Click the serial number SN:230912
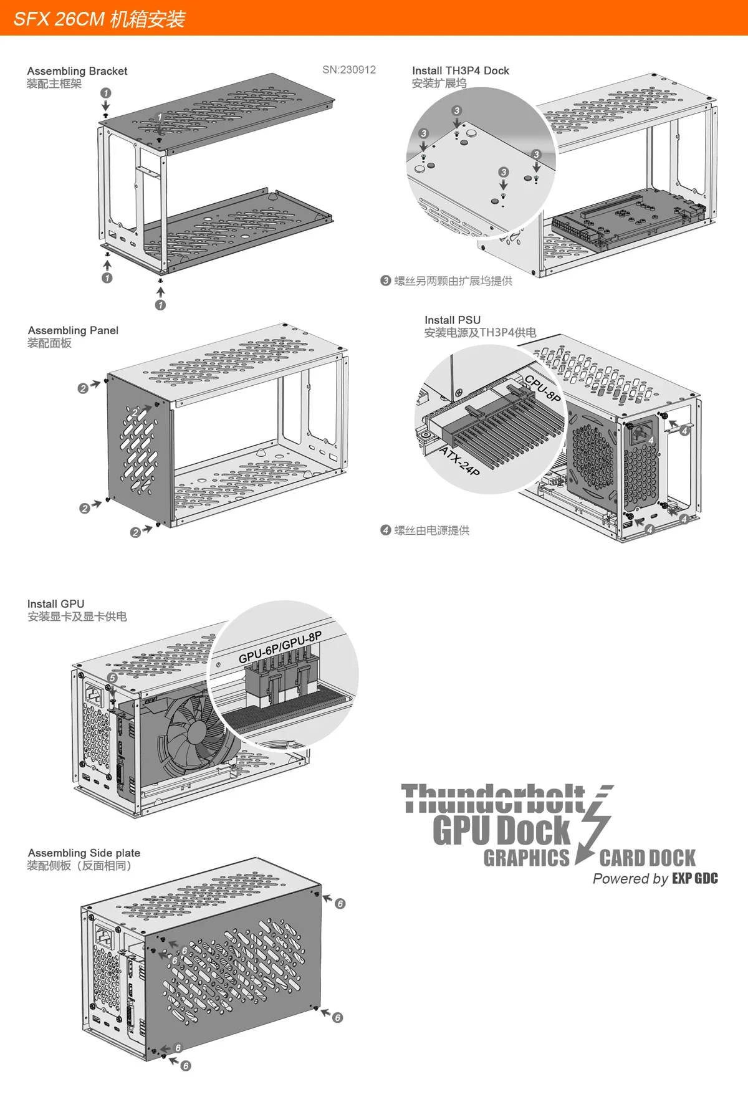coord(349,70)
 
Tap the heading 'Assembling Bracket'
coord(77,71)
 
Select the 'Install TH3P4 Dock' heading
coord(460,70)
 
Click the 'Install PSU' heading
coord(453,320)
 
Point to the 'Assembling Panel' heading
coord(73,330)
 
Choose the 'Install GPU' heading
coord(55,603)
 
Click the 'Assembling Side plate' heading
coord(84,853)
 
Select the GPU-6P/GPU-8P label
coord(280,647)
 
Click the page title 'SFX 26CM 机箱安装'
coord(100,19)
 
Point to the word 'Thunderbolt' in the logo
coord(492,799)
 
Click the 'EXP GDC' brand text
coord(694,879)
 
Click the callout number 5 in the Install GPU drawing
coord(112,678)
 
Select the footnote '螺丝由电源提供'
coord(431,530)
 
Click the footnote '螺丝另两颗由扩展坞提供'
coord(453,281)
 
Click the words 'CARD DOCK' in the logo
coord(647,858)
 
